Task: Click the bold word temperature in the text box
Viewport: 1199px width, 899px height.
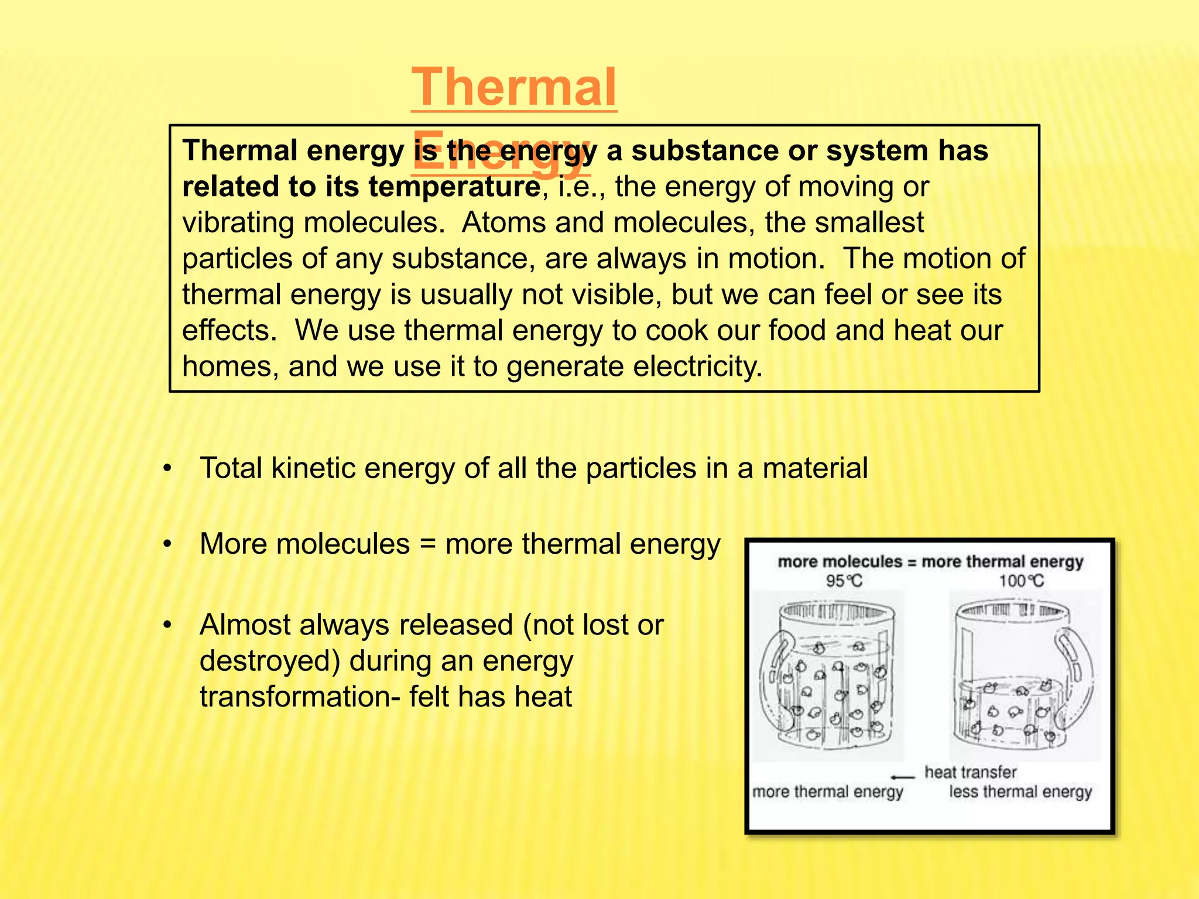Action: pyautogui.click(x=454, y=187)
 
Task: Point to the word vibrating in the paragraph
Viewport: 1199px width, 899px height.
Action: pyautogui.click(x=237, y=223)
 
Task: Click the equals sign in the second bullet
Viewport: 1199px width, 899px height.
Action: pyautogui.click(x=427, y=544)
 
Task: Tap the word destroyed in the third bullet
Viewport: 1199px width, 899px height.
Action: pyautogui.click(x=269, y=661)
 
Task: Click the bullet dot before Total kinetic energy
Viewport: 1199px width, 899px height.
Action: pyautogui.click(x=167, y=469)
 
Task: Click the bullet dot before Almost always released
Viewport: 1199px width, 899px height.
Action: pyautogui.click(x=167, y=626)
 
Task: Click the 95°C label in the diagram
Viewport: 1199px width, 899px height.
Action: pyautogui.click(x=844, y=581)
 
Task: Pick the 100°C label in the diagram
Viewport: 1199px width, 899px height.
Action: pyautogui.click(x=1021, y=581)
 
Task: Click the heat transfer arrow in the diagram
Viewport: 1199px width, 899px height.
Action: pyautogui.click(x=902, y=777)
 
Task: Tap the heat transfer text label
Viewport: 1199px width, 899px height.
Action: pyautogui.click(x=970, y=772)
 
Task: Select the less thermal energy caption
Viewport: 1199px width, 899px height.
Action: pyautogui.click(x=1020, y=792)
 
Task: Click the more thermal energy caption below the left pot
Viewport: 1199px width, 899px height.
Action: pyautogui.click(x=827, y=792)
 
